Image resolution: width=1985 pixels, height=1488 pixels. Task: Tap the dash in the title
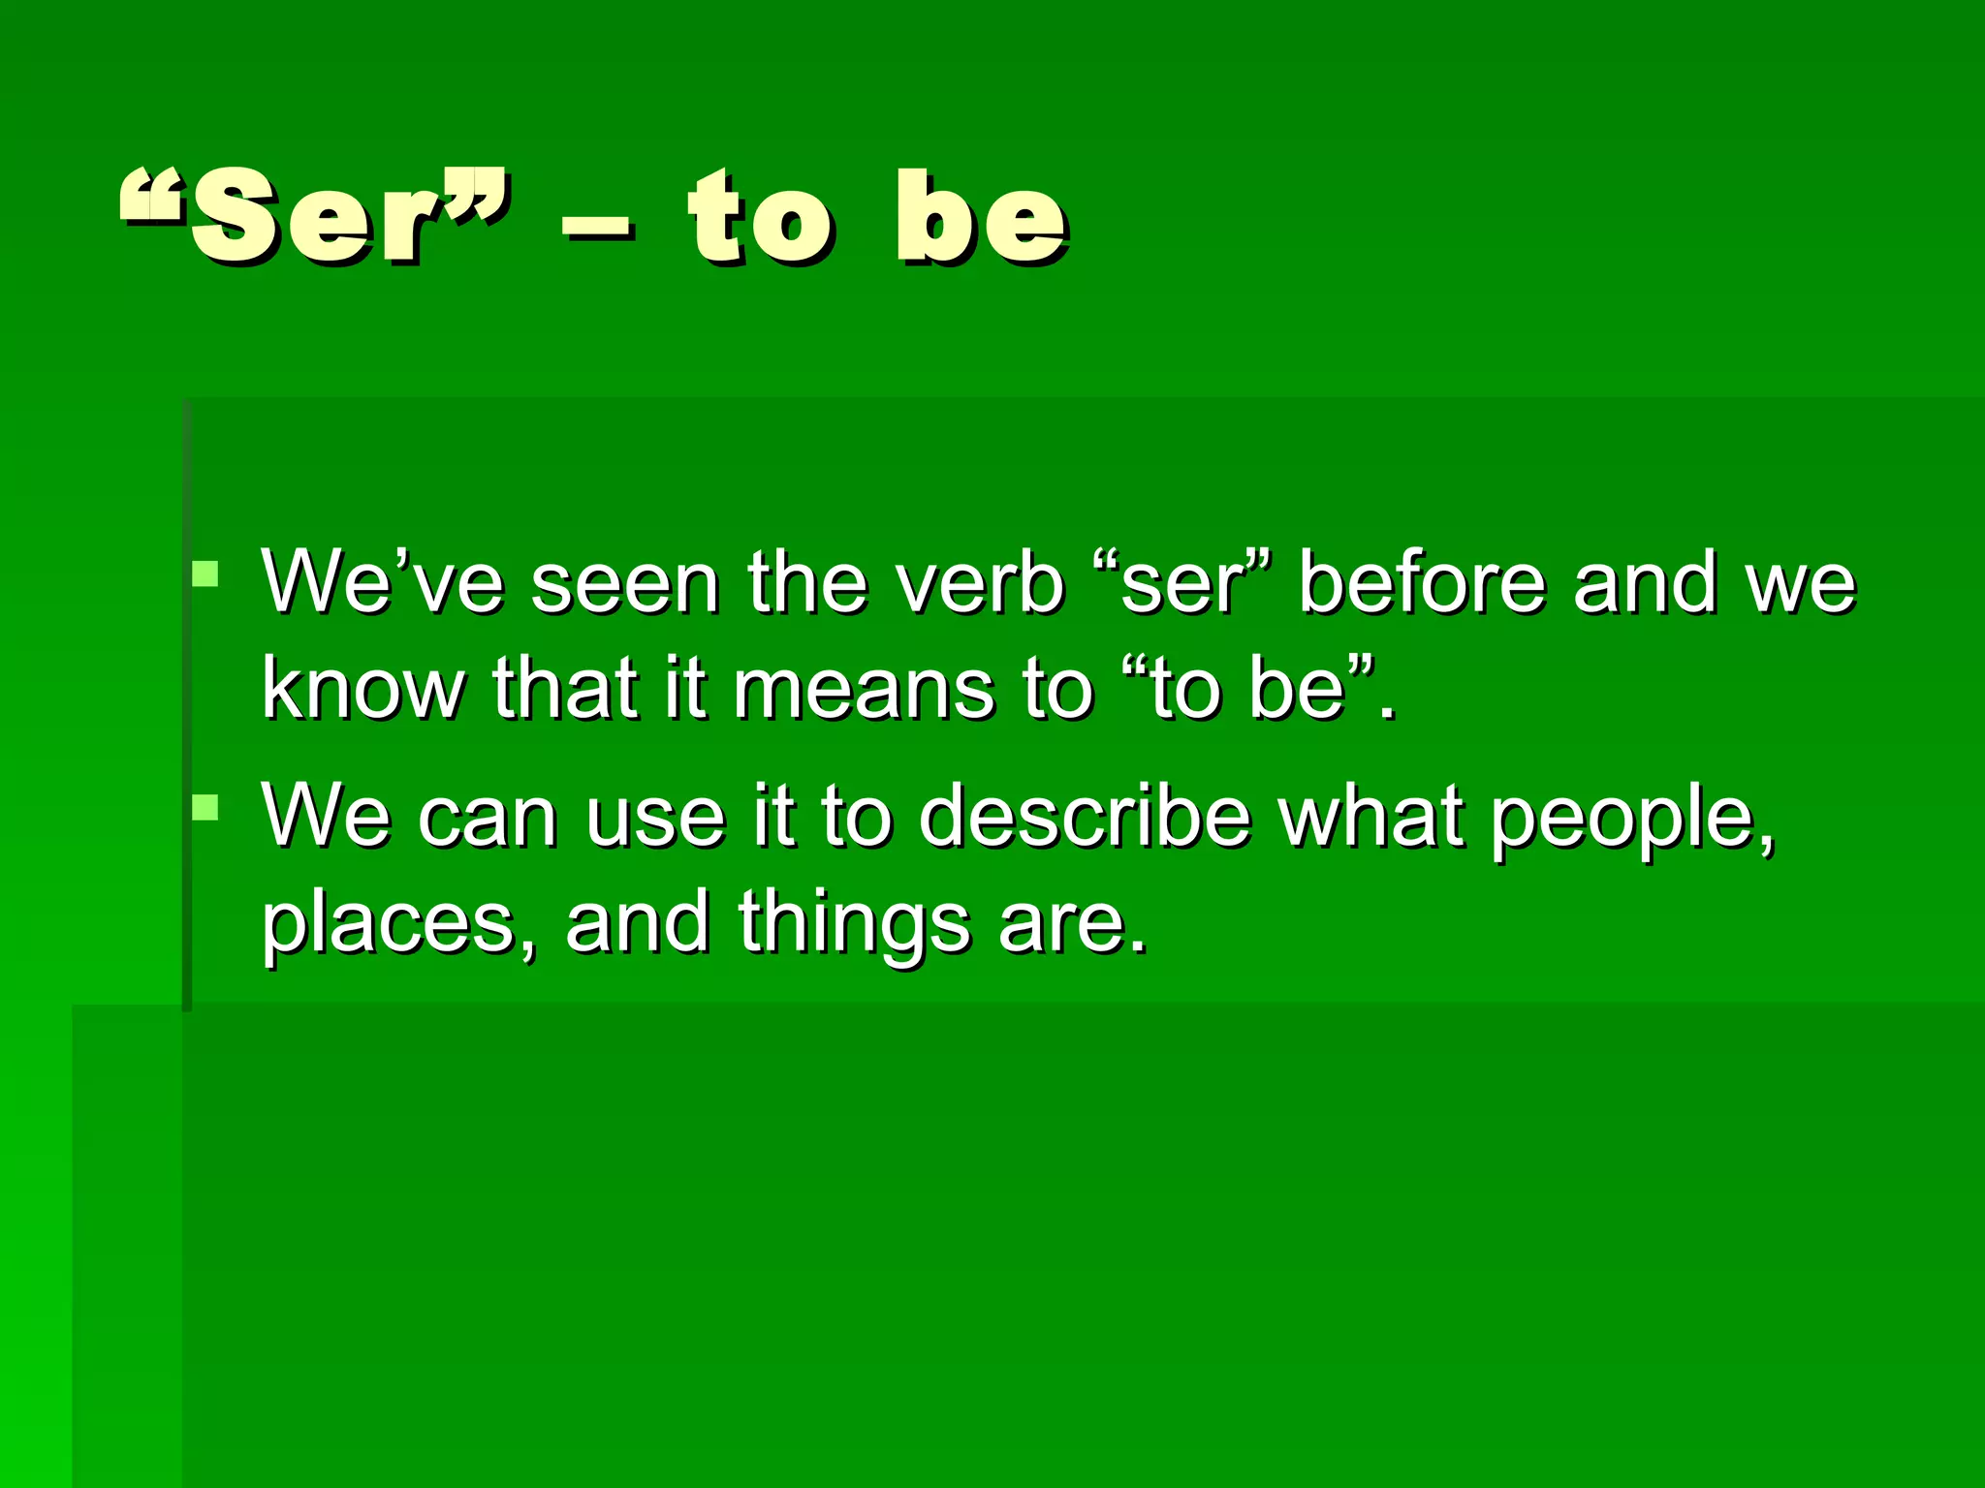[598, 233]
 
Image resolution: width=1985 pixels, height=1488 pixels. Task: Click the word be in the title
[981, 218]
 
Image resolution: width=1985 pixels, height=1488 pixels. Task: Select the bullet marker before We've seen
[205, 575]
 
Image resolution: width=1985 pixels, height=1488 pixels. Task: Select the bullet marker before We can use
[205, 808]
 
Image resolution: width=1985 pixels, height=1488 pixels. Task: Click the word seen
[625, 585]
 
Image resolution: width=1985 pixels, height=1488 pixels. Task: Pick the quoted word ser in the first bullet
[1182, 585]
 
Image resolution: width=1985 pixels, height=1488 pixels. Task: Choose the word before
[1422, 583]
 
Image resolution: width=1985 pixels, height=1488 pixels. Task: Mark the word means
[864, 690]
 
